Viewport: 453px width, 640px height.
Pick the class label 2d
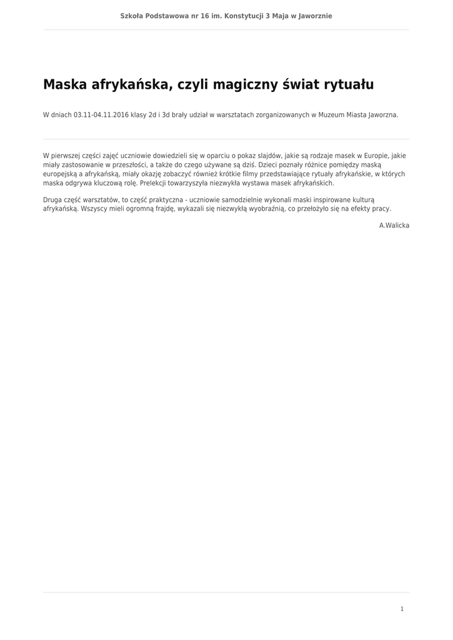coord(152,115)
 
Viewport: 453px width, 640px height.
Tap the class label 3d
coord(166,115)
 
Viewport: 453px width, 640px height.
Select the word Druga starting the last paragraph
coord(52,199)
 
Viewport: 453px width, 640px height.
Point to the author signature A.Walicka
coord(394,225)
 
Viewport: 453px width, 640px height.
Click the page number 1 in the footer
coord(402,609)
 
